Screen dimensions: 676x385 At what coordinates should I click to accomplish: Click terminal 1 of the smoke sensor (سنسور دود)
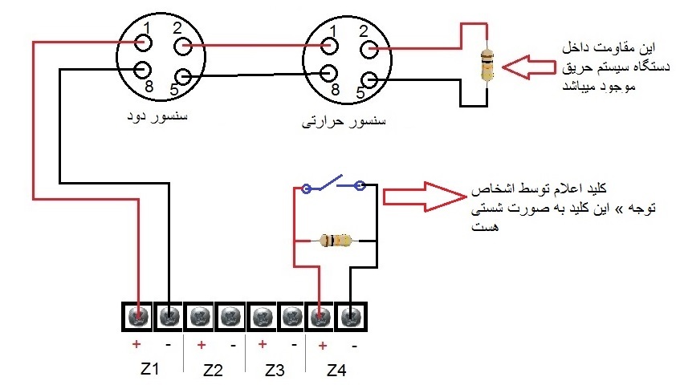(143, 43)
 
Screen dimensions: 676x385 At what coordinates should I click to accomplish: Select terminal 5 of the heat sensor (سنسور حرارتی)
(369, 80)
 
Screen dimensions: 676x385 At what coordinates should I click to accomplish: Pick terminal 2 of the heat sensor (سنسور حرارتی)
(369, 49)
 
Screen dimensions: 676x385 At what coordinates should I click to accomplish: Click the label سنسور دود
(157, 116)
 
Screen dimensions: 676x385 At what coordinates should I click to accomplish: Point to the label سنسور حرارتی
(343, 121)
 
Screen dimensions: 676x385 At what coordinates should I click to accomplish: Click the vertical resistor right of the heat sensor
(487, 65)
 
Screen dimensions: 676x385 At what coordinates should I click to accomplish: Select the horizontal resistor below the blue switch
(336, 241)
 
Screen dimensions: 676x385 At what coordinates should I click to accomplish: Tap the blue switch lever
(331, 182)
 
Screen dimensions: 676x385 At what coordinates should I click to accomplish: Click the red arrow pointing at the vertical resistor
(529, 67)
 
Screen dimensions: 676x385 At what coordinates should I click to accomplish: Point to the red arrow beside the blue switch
(425, 197)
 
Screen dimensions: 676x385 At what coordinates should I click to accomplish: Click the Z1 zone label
(149, 369)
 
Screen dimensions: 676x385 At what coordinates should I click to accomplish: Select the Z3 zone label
(275, 370)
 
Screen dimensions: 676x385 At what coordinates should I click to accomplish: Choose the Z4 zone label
(336, 370)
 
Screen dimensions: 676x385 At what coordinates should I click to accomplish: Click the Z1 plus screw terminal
(138, 317)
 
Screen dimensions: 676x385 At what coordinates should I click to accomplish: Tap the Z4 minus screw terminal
(351, 318)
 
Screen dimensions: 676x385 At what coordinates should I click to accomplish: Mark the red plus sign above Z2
(201, 345)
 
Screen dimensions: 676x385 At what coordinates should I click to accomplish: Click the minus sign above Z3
(294, 345)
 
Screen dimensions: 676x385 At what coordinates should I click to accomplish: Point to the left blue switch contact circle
(306, 188)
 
